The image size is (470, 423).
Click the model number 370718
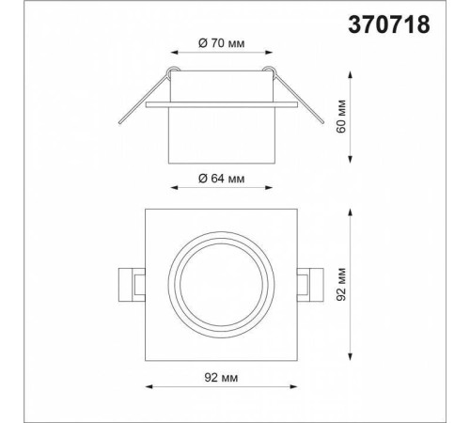pyautogui.click(x=389, y=24)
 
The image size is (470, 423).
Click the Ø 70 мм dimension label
pyautogui.click(x=221, y=43)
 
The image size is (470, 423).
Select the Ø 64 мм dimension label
pyautogui.click(x=221, y=179)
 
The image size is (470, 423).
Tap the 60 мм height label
pyautogui.click(x=341, y=117)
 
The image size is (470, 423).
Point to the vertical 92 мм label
pyautogui.click(x=341, y=285)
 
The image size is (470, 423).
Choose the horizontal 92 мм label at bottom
pyautogui.click(x=221, y=378)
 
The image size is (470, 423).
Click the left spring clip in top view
pyautogui.click(x=132, y=285)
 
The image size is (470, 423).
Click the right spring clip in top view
pyautogui.click(x=310, y=285)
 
